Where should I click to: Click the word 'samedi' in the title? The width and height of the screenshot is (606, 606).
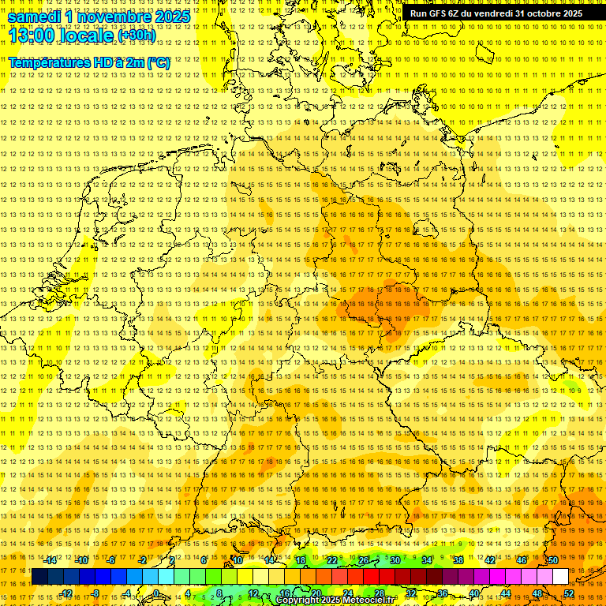[36, 17]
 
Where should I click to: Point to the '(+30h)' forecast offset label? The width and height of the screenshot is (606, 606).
[137, 36]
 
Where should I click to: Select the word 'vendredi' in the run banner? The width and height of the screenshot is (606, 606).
[491, 13]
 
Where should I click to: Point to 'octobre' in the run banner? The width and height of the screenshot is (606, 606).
[544, 13]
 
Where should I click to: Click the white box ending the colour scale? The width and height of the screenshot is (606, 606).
[560, 577]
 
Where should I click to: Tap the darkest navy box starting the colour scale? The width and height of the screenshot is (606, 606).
[40, 577]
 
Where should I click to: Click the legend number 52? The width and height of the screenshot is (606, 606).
[569, 593]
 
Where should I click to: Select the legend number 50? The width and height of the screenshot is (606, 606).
[553, 560]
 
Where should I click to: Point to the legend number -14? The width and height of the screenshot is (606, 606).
[50, 560]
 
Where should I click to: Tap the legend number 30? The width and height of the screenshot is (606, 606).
[395, 560]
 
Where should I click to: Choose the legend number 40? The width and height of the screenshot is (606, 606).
[473, 593]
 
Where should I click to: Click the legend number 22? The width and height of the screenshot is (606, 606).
[332, 560]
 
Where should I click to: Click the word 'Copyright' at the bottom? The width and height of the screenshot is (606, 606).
[298, 600]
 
